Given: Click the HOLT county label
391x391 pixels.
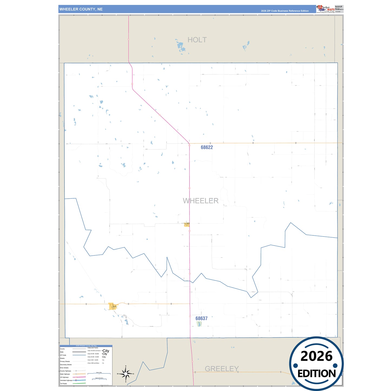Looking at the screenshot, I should [197, 40].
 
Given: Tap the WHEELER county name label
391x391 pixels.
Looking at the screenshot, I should [201, 201].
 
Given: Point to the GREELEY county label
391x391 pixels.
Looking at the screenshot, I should [222, 369].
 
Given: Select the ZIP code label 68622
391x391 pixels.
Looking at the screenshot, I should [207, 147].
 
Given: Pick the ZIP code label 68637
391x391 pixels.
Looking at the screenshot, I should [202, 318].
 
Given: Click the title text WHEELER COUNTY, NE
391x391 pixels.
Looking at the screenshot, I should [81, 9].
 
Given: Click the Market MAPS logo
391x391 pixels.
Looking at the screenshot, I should [325, 9].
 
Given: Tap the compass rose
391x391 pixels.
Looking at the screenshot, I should [126, 374].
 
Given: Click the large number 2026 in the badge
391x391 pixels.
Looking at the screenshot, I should [316, 356].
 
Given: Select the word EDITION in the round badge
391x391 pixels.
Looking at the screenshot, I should [317, 374].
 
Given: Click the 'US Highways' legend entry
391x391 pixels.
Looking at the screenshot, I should [64, 377].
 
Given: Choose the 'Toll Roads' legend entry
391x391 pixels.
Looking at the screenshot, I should [63, 383].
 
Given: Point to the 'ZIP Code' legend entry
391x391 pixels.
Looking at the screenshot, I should [63, 355].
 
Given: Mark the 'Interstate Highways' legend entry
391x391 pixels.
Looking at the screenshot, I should [66, 380].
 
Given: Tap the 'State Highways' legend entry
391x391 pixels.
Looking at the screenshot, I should [65, 374].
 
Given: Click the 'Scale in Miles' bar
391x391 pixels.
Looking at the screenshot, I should [99, 374].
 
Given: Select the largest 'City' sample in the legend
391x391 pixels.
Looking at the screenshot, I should [106, 351].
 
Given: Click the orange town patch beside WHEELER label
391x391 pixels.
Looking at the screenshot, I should [187, 225].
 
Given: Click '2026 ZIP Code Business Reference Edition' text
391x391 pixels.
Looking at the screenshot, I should [285, 11].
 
